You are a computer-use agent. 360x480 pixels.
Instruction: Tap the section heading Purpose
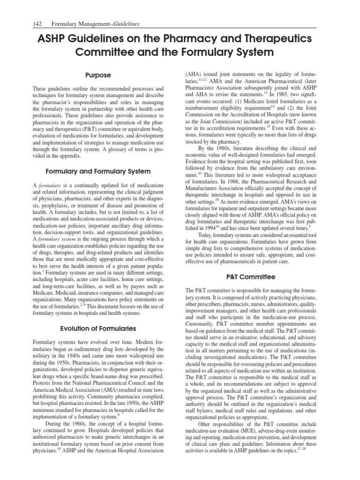click(x=98, y=75)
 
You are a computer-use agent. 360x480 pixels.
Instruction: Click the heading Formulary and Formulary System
click(x=98, y=171)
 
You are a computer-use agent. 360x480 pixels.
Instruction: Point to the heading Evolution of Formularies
click(x=98, y=328)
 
